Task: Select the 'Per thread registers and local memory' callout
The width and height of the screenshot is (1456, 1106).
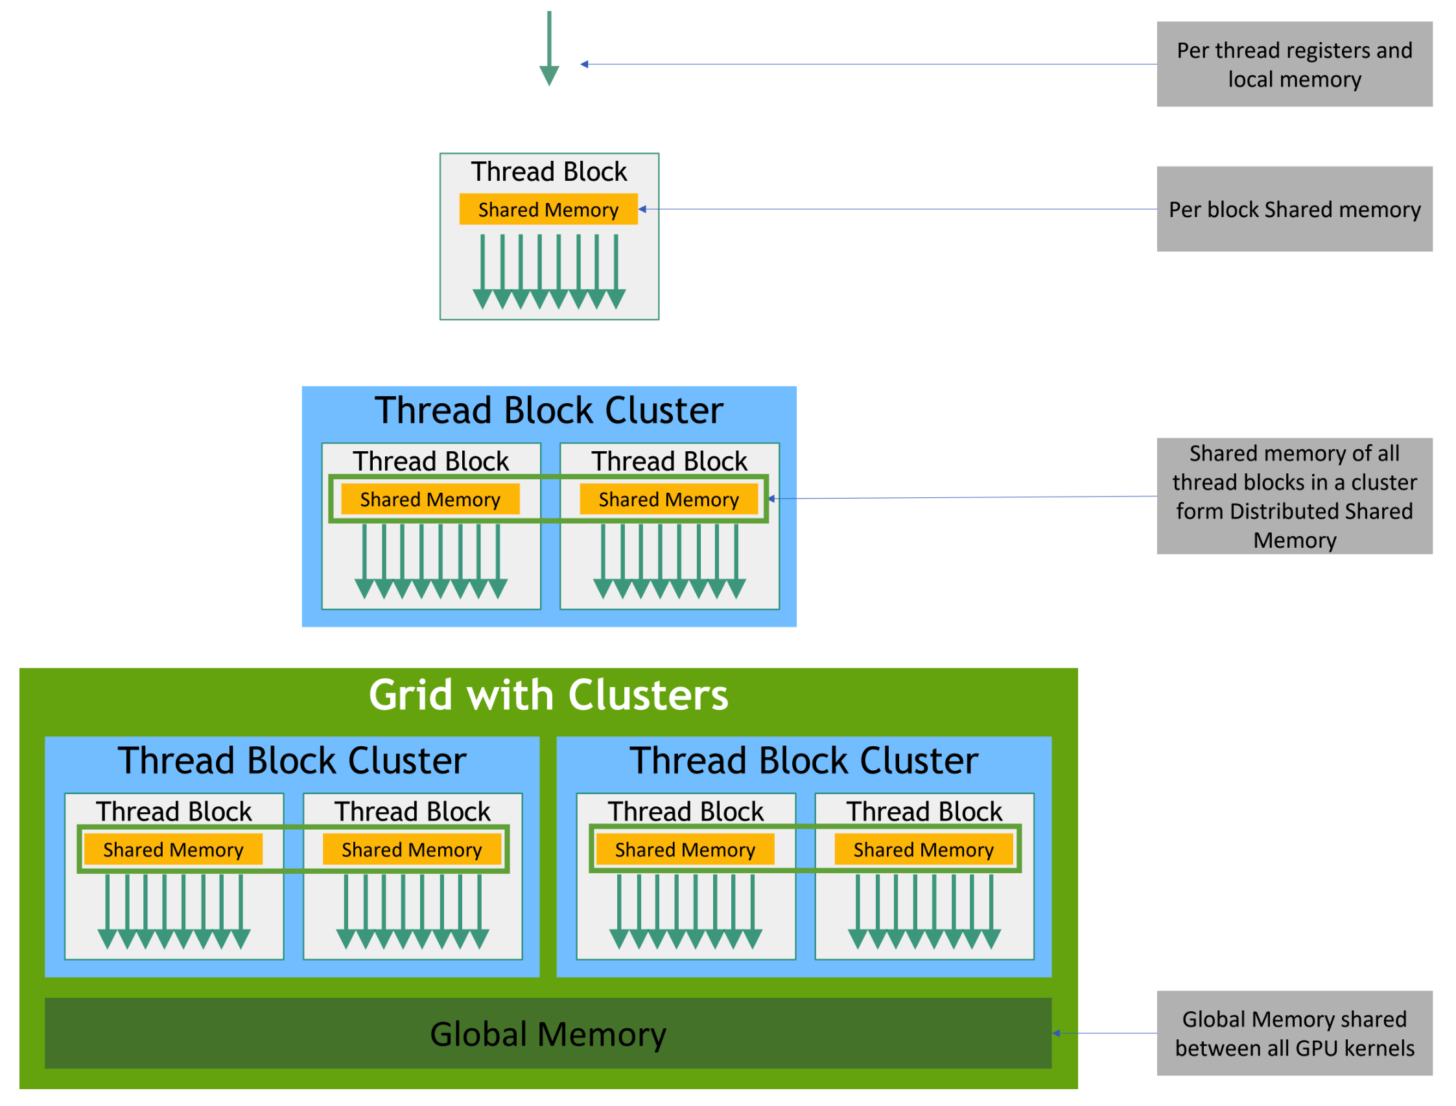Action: tap(1294, 65)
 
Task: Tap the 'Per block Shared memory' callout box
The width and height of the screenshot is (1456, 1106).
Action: tap(1294, 209)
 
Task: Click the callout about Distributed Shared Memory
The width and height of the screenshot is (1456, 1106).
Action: tap(1294, 497)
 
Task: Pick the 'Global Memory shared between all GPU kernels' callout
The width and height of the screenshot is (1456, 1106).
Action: tap(1294, 1033)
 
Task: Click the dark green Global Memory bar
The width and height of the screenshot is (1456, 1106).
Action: tap(548, 1033)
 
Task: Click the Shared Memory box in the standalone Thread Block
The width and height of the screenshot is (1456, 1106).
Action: tap(548, 209)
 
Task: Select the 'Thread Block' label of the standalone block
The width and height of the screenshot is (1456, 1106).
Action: tap(548, 172)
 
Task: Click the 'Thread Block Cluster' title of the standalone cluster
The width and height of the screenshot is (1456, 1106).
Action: tap(548, 411)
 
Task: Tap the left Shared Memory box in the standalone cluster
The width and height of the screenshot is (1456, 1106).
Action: tap(430, 500)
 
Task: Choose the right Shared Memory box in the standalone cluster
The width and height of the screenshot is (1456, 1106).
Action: tap(668, 500)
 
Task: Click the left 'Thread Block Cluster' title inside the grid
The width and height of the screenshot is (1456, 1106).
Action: tap(292, 761)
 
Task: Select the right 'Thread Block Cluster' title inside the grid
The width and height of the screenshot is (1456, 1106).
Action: tap(804, 761)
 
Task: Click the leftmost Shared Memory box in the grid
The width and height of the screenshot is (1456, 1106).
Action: tap(173, 850)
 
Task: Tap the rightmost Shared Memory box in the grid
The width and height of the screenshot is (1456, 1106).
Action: tap(924, 850)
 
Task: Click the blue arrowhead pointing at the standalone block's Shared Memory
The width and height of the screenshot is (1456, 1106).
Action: tap(643, 209)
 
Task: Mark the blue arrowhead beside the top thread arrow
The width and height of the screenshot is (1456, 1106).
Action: tap(585, 65)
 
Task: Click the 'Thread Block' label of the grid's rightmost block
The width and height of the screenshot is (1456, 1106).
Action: tap(924, 812)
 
